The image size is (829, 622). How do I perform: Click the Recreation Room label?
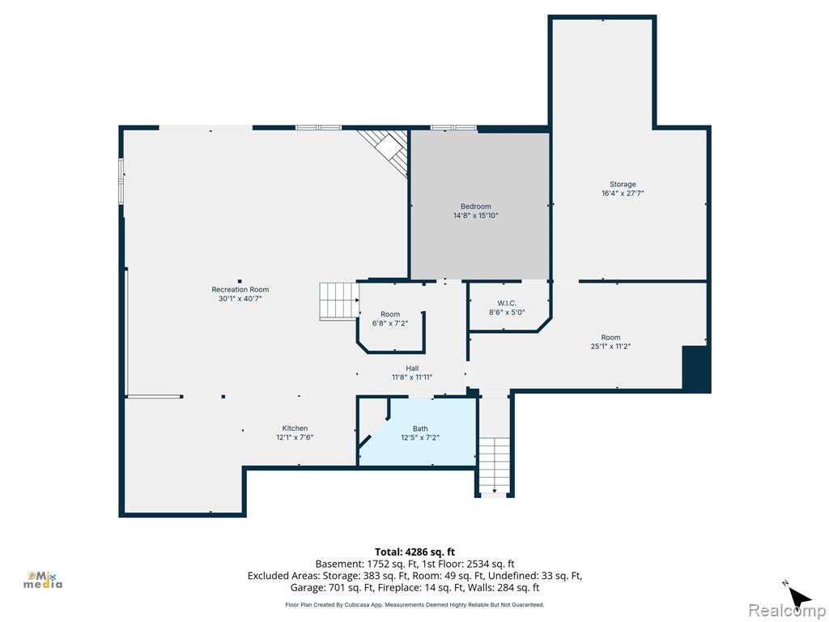(240, 289)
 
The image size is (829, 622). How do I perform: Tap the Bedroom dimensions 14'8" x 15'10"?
(476, 215)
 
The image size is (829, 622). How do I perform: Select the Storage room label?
(623, 184)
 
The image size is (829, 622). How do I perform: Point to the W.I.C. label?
(507, 303)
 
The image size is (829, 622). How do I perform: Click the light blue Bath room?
(423, 431)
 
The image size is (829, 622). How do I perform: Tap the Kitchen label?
(295, 428)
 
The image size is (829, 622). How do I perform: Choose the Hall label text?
(412, 369)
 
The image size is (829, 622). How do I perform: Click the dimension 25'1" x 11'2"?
(610, 347)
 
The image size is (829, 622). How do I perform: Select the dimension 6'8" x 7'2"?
(390, 323)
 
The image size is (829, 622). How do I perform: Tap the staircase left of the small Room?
(339, 301)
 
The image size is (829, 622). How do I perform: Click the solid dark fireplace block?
(695, 369)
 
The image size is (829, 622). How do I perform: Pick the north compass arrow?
(798, 598)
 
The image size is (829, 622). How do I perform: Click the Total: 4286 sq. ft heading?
(415, 552)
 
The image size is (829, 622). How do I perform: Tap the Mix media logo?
(43, 580)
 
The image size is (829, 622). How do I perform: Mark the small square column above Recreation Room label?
(240, 281)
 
